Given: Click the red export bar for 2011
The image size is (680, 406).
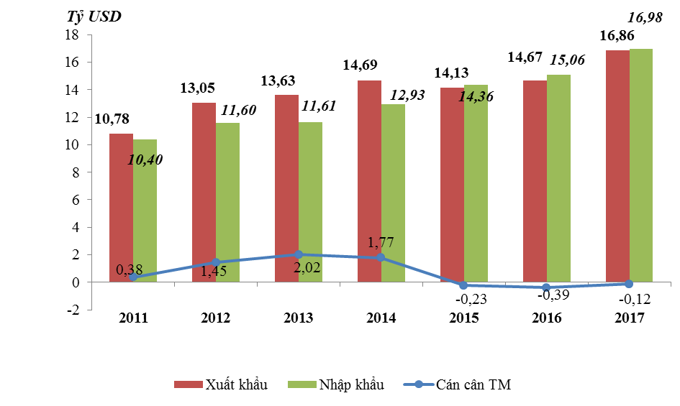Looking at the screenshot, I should coord(121,208).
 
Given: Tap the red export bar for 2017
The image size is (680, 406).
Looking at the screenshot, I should coord(617,166).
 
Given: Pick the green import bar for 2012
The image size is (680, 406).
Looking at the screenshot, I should coord(227,202).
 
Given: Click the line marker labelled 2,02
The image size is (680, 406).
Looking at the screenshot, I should coord(299,254).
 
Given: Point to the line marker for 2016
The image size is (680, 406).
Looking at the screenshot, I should coord(545,287).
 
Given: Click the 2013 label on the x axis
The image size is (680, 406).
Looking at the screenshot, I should coord(298,317).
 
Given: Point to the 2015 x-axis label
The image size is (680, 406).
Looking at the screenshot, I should coord(463,317).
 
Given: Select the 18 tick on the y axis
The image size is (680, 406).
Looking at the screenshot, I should coord(72,34).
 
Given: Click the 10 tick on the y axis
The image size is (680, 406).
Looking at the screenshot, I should coord(72,145).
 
